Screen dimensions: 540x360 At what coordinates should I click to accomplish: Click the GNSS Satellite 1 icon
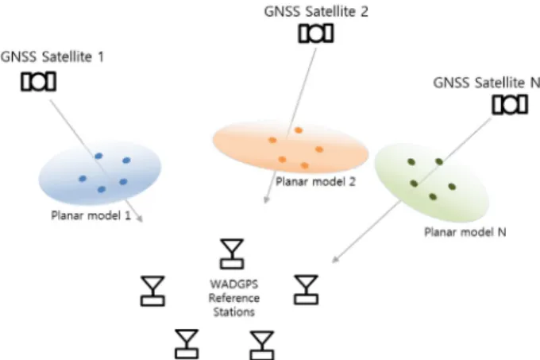38,82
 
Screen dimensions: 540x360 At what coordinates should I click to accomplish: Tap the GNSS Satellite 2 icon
316,33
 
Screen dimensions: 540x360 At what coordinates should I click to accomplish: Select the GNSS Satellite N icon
510,104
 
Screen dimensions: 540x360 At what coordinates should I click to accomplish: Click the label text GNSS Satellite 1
52,57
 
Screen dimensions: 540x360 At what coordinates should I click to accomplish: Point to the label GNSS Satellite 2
316,11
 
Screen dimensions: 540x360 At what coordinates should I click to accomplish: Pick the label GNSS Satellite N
486,83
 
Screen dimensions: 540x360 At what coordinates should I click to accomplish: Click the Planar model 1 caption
91,215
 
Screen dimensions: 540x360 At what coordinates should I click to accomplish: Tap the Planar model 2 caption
315,181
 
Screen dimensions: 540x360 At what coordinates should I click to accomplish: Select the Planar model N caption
465,232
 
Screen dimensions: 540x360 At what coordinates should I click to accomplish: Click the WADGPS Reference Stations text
234,298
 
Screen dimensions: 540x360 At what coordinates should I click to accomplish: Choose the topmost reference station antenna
232,254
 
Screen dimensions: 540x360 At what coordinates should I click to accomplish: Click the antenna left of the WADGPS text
152,291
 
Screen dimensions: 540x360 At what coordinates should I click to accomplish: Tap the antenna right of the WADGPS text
306,290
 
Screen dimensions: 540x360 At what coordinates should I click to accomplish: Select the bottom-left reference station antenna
187,344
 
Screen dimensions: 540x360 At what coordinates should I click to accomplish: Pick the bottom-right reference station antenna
262,345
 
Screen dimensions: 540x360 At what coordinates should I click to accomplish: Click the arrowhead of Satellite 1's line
140,219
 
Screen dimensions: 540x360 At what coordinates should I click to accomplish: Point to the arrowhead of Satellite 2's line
266,199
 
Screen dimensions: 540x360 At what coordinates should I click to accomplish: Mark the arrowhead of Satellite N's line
335,259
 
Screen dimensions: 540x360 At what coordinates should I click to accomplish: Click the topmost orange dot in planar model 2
299,130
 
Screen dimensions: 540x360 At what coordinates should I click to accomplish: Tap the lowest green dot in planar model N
433,197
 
